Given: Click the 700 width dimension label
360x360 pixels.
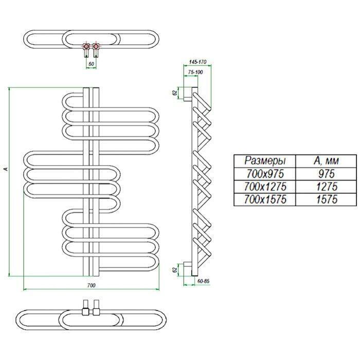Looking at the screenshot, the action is click(91, 285).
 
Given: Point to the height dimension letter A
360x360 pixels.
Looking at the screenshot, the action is click(6, 169).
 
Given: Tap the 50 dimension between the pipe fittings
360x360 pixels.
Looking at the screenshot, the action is click(92, 64).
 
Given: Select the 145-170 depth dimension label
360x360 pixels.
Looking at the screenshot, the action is click(198, 62).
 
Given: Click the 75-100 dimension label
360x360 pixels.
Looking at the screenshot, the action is click(195, 72).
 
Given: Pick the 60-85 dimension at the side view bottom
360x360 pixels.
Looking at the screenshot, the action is click(204, 281).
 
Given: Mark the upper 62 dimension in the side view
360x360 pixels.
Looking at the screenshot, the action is click(175, 93).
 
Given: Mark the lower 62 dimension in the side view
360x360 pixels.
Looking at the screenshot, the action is click(175, 270).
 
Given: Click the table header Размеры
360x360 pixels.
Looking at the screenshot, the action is click(265, 160).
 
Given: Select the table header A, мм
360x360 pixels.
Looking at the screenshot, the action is click(326, 160).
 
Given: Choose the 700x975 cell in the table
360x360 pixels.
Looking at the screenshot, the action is click(265, 174).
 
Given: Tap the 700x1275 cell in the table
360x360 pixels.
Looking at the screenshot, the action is click(265, 186).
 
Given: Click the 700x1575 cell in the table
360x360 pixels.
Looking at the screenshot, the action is click(265, 199).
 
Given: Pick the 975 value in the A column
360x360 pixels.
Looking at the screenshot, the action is click(327, 174).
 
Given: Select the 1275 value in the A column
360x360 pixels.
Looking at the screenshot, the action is click(327, 186).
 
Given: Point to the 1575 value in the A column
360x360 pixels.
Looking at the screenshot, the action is click(327, 199).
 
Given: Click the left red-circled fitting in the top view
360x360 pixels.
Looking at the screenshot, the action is click(86, 47).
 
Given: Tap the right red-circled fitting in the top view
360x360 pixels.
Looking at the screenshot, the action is click(96, 47).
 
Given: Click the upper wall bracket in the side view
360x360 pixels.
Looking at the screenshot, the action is click(188, 94).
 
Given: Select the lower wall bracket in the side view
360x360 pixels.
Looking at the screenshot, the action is click(188, 269).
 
